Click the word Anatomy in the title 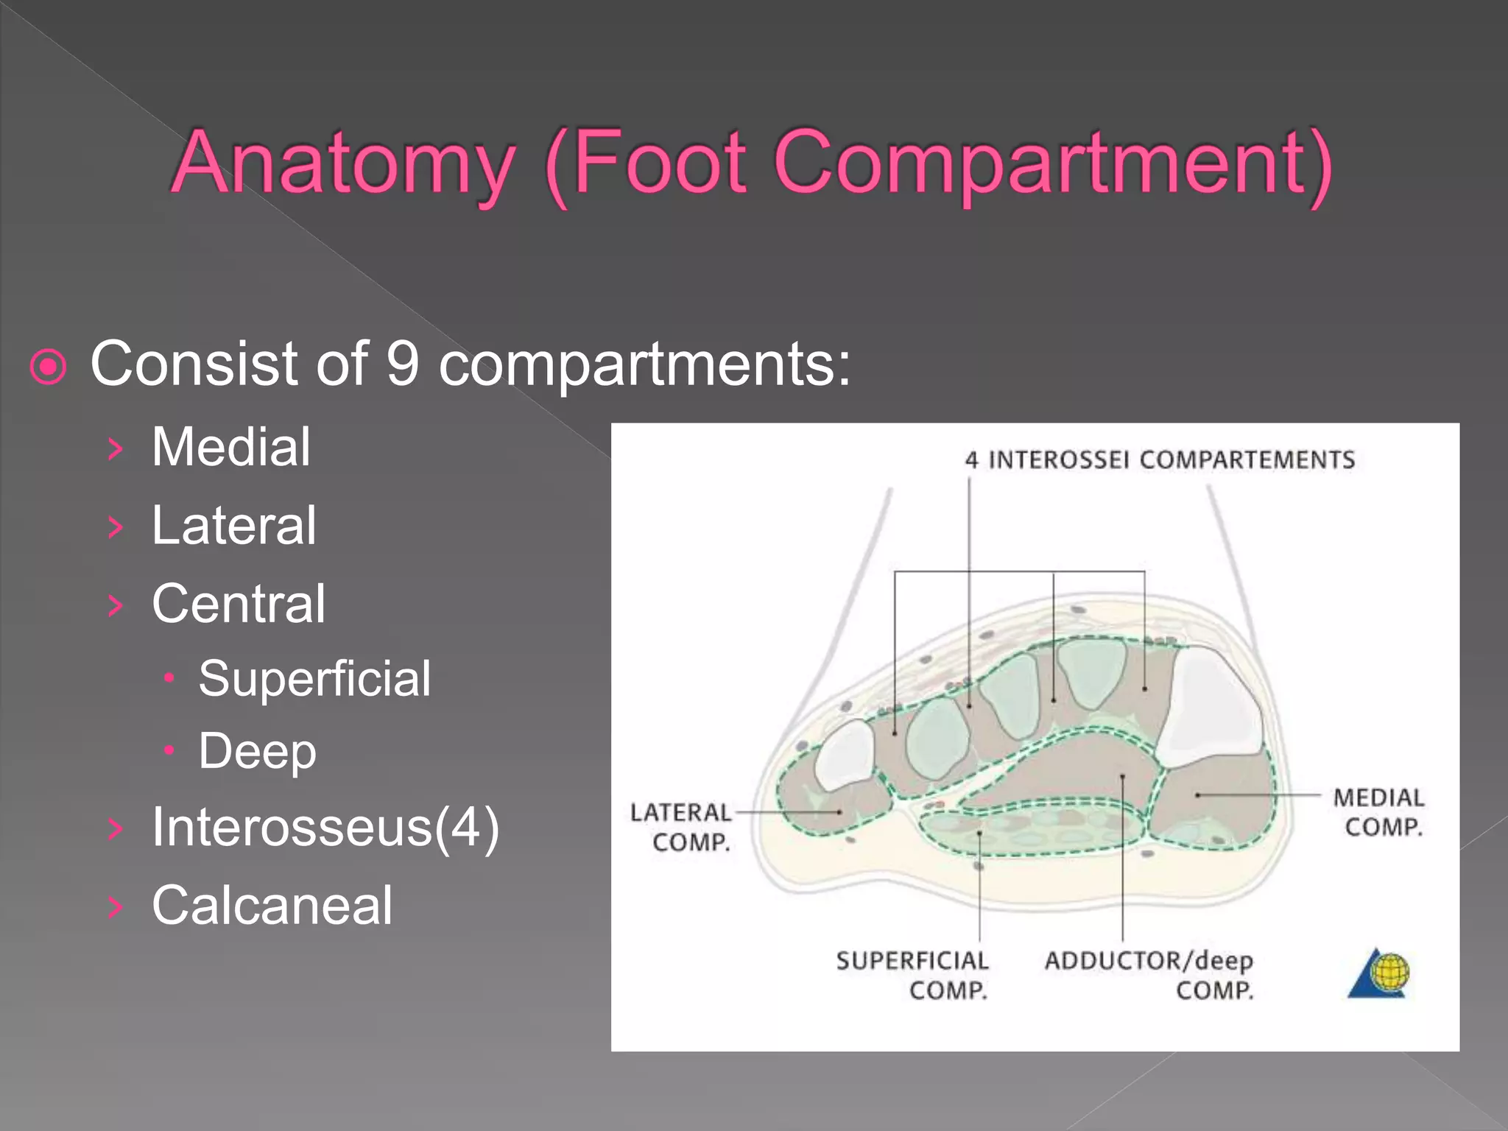343,163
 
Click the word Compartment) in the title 1053,163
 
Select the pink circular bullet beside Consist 49,366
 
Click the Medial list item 231,447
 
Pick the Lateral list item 234,526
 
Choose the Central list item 239,604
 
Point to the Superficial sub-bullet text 314,678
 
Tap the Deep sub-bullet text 257,752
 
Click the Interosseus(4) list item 325,828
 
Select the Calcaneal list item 272,906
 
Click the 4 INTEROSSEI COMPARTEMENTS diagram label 1160,460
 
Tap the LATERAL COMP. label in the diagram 682,827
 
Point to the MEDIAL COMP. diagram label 1379,811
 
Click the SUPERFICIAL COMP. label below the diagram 913,975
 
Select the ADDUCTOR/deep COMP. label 1149,975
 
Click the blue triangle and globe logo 1379,973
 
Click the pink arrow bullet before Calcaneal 114,906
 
